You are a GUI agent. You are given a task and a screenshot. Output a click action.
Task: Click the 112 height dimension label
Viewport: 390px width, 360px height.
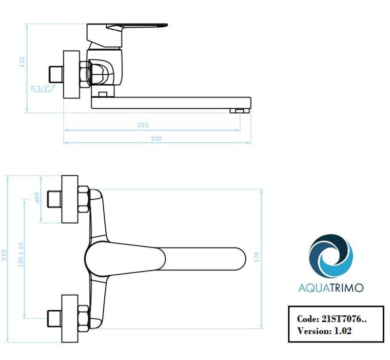pyautogui.click(x=22, y=62)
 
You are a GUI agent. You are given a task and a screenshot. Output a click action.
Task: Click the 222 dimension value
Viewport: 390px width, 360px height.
pyautogui.click(x=143, y=126)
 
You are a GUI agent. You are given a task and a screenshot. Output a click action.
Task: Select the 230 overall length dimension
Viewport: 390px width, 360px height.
pyautogui.click(x=156, y=139)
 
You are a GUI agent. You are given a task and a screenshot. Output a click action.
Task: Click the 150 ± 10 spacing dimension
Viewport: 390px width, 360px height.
pyautogui.click(x=21, y=253)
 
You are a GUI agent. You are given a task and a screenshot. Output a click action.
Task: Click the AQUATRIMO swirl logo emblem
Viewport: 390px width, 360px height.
pyautogui.click(x=331, y=256)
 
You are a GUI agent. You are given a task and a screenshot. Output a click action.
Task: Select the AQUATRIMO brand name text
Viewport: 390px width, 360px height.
pyautogui.click(x=331, y=288)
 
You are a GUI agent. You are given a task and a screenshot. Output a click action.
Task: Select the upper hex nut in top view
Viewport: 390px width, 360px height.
pyautogui.click(x=84, y=199)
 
